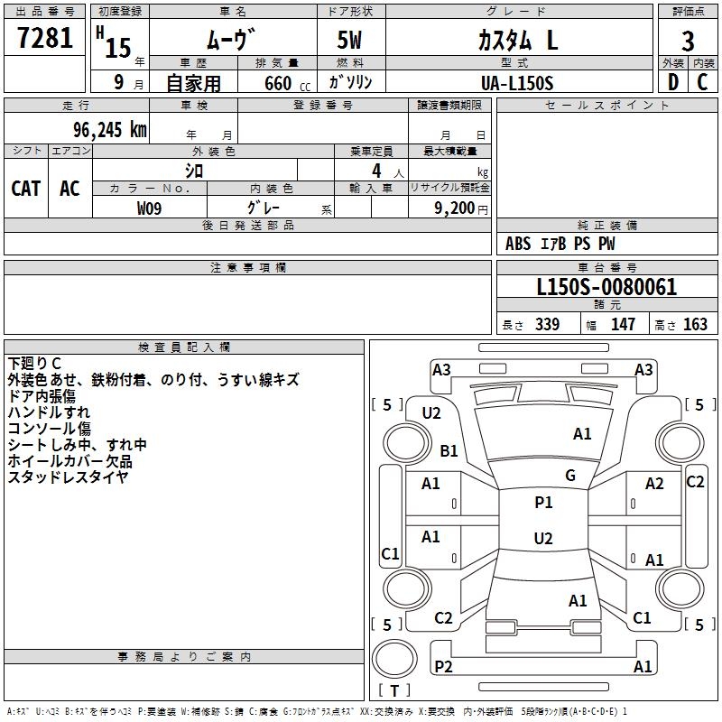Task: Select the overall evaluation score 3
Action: (688, 41)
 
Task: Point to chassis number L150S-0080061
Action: (606, 288)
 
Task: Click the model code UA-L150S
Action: (517, 82)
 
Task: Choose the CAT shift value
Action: (25, 188)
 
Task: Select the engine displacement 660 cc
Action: (275, 83)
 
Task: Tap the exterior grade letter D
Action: (672, 82)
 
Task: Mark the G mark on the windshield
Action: (570, 476)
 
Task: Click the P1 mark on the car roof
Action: (543, 503)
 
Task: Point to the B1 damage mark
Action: (449, 450)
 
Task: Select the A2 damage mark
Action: (654, 484)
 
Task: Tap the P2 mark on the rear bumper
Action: (443, 666)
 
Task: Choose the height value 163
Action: (695, 325)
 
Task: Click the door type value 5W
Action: (351, 42)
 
